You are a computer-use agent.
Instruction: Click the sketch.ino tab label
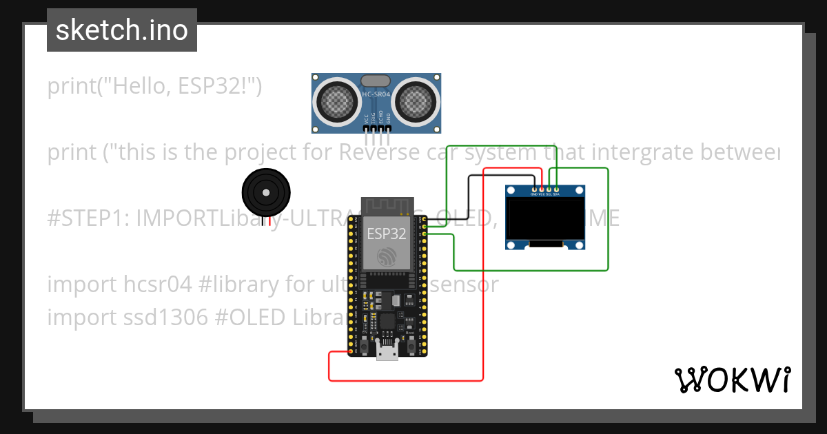click(x=122, y=30)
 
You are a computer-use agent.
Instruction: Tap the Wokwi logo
click(x=732, y=380)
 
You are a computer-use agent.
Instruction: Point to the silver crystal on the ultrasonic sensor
click(x=376, y=82)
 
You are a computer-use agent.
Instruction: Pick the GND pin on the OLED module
click(x=534, y=190)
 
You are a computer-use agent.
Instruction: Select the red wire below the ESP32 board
click(x=407, y=380)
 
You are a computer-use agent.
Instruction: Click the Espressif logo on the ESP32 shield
click(x=386, y=258)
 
